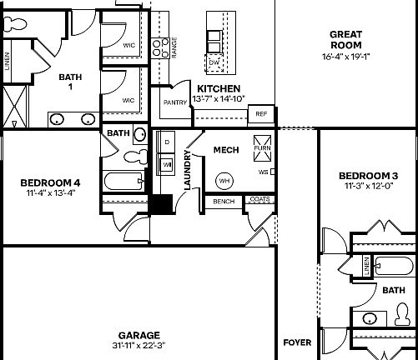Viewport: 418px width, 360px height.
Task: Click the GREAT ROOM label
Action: point(345,39)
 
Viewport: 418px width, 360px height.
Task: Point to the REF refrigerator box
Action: point(261,113)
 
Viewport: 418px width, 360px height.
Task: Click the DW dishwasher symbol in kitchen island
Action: point(214,63)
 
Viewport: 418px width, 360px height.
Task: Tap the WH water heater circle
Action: point(224,180)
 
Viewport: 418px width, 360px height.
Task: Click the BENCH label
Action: point(224,201)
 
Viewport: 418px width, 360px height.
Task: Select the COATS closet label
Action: point(259,199)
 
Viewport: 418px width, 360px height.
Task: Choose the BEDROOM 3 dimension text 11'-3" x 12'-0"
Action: point(368,187)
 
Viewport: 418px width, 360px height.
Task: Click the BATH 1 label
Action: point(71,82)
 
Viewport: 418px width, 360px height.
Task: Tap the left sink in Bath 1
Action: point(57,119)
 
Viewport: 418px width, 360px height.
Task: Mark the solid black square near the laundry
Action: point(161,204)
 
